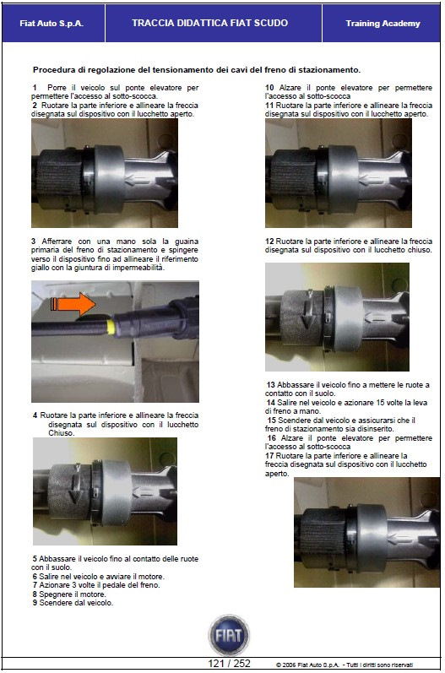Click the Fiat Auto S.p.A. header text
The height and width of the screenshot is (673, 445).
coord(52,24)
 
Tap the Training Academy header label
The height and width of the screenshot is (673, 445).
coord(383,24)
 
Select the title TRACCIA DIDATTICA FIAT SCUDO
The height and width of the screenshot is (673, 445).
coord(210,23)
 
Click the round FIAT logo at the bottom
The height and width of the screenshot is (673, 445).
coord(229,635)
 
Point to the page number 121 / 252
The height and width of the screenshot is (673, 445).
coord(229,664)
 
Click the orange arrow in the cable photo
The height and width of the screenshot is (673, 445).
coord(73,304)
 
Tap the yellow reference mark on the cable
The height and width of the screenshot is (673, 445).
coord(111,328)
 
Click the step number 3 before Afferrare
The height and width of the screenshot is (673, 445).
coord(34,242)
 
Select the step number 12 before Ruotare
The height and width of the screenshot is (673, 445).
coord(269,242)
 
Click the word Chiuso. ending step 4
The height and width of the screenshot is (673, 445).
coord(62,433)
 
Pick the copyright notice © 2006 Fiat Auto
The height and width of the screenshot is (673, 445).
coord(345,665)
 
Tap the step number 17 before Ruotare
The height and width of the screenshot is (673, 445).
coord(269,456)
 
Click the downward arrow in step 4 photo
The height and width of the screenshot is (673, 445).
coord(75,484)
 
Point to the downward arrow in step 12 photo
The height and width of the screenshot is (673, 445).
coord(309,309)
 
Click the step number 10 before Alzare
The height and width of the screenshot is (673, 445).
coord(269,88)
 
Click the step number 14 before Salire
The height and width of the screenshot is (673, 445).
coord(271,403)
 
